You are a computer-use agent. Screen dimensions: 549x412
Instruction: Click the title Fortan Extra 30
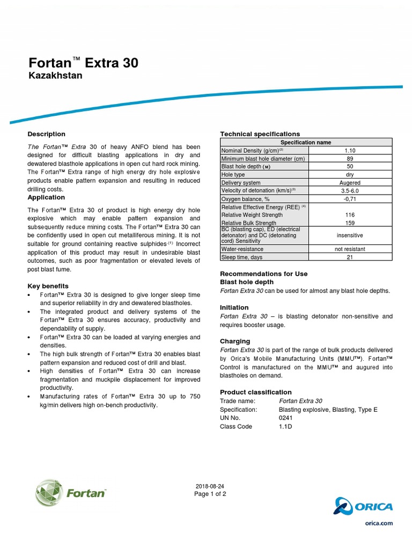[x=83, y=63]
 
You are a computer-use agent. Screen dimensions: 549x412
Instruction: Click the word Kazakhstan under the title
[x=55, y=76]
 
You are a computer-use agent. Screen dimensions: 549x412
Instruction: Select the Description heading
[x=46, y=134]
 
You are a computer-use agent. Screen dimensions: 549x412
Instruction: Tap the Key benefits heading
[x=48, y=286]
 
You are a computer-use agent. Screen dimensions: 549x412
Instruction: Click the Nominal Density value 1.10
[x=350, y=151]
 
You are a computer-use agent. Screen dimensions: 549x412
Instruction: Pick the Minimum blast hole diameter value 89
[x=350, y=159]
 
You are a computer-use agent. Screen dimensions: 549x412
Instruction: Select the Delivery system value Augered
[x=350, y=183]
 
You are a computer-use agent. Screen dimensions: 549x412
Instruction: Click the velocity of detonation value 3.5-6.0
[x=350, y=191]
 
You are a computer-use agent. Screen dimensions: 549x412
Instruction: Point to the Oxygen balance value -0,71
[x=350, y=199]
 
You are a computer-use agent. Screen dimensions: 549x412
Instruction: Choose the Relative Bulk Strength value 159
[x=350, y=223]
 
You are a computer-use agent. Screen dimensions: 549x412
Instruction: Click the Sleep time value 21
[x=350, y=257]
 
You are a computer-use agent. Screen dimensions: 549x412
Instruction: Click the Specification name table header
[x=306, y=142]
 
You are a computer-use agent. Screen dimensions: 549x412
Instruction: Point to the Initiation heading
[x=234, y=308]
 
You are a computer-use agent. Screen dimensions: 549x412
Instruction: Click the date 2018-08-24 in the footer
[x=210, y=486]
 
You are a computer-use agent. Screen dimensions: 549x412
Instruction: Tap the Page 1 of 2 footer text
[x=210, y=494]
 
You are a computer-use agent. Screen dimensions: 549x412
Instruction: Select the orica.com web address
[x=379, y=523]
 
